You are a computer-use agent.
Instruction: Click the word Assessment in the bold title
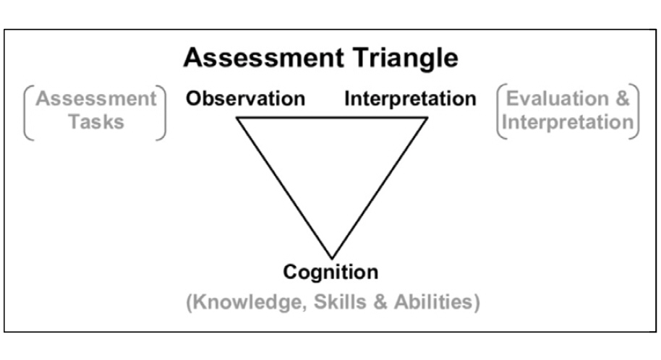pyautogui.click(x=263, y=57)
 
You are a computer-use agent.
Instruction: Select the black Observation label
pyautogui.click(x=245, y=98)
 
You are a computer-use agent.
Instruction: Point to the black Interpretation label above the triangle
pyautogui.click(x=410, y=99)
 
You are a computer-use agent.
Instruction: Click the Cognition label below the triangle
pyautogui.click(x=330, y=273)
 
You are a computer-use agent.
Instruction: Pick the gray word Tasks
pyautogui.click(x=96, y=122)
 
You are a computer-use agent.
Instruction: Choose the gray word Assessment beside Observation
pyautogui.click(x=96, y=98)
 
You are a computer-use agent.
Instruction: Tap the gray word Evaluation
pyautogui.click(x=558, y=98)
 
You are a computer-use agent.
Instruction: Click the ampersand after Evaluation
pyautogui.click(x=622, y=98)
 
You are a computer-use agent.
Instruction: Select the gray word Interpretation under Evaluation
pyautogui.click(x=568, y=122)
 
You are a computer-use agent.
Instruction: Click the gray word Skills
pyautogui.click(x=340, y=302)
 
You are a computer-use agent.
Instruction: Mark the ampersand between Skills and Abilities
pyautogui.click(x=380, y=302)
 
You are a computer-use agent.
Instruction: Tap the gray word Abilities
pyautogui.click(x=433, y=302)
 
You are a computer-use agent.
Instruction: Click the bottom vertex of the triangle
pyautogui.click(x=332, y=258)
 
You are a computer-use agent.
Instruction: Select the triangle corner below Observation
pyautogui.click(x=237, y=118)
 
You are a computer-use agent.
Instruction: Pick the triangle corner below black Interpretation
pyautogui.click(x=427, y=118)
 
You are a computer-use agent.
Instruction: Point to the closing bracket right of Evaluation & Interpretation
pyautogui.click(x=634, y=111)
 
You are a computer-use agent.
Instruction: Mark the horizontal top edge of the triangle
pyautogui.click(x=332, y=118)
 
